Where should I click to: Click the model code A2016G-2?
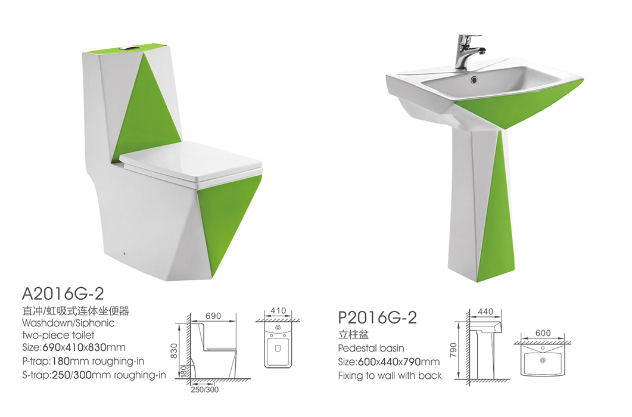63,293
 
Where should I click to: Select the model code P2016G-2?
378,318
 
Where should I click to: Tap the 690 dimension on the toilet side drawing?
213,316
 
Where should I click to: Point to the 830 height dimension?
174,350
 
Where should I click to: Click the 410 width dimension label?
278,310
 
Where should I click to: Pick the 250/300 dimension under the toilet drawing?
205,390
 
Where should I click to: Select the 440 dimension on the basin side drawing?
485,312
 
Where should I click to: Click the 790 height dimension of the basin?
453,350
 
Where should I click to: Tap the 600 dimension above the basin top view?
543,333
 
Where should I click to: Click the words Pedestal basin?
371,348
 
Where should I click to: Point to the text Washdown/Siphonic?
68,323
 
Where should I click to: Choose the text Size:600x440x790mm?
388,362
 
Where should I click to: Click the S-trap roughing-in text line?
94,375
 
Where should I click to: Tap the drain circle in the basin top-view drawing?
543,360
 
